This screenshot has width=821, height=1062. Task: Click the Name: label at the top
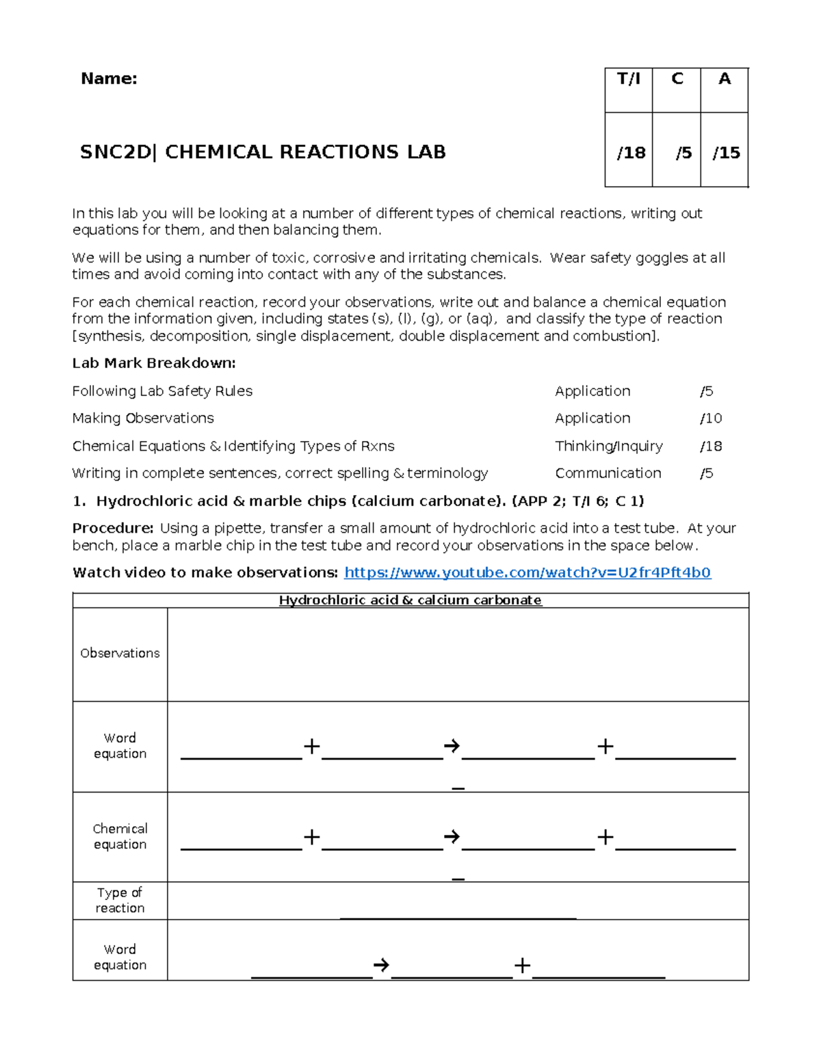coord(109,79)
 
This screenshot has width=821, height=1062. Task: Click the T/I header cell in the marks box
coord(629,79)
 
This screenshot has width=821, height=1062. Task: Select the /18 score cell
coord(631,152)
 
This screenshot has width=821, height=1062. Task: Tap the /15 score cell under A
coord(726,152)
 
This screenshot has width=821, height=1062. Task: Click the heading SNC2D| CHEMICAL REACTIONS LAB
coord(263,152)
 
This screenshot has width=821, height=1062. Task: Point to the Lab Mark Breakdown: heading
coord(154,363)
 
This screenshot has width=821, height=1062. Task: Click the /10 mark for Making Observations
coord(711,418)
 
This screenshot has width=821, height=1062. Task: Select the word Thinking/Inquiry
coord(608,446)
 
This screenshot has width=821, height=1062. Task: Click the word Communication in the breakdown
coord(608,473)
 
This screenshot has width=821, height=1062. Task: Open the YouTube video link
coord(527,572)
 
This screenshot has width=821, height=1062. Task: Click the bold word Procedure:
coord(113,528)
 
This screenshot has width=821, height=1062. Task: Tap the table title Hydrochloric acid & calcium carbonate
coord(410,600)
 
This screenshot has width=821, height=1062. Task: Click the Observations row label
coord(120,653)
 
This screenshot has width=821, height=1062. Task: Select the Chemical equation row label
coord(120,836)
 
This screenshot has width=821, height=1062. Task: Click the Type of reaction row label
coord(120,900)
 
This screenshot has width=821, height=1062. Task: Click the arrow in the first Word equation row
coord(452,746)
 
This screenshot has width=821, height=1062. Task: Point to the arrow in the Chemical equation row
coord(452,837)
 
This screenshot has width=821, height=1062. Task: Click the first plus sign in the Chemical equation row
coord(311,837)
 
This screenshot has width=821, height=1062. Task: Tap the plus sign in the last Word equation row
coord(522,965)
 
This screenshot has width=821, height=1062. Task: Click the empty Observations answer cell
coord(458,654)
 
